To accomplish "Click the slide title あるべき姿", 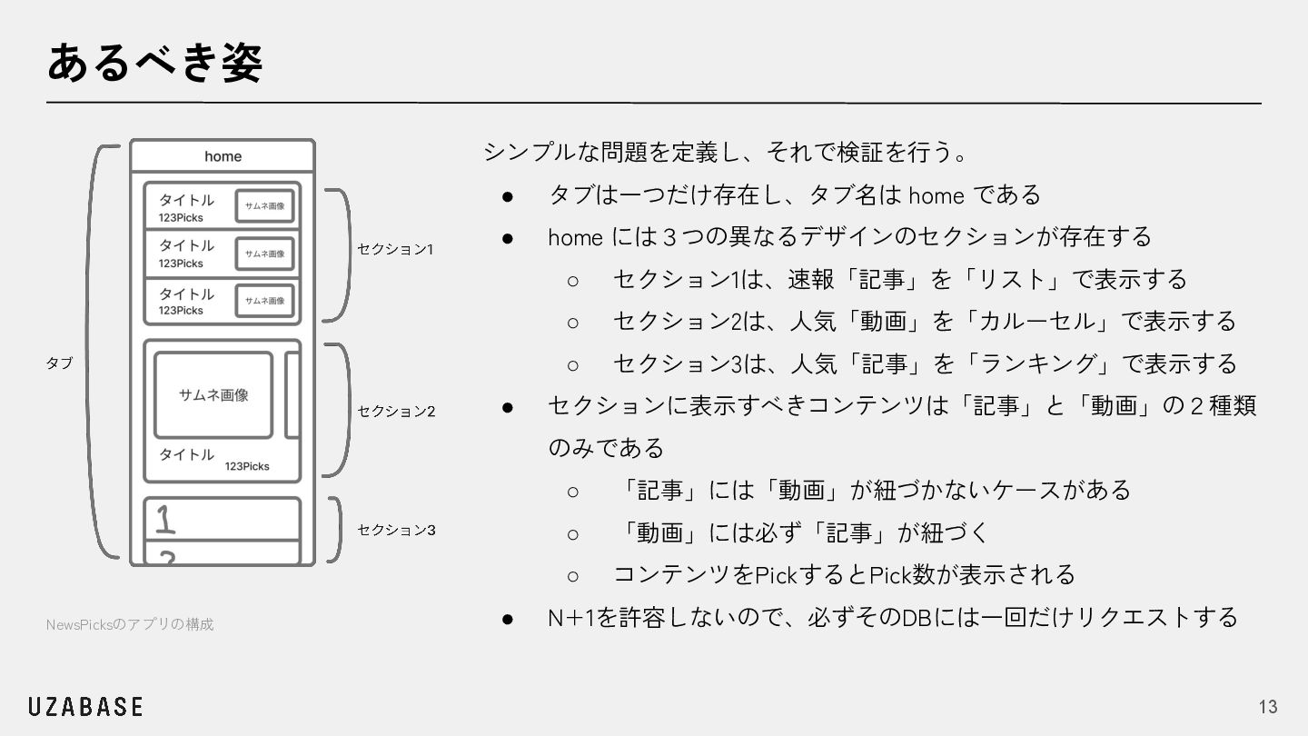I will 154,63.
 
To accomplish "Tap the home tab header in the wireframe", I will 223,156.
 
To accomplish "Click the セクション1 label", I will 395,249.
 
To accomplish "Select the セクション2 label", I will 396,412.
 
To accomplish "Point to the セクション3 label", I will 396,530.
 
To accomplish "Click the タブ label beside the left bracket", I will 59,363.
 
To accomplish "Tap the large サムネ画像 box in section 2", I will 213,395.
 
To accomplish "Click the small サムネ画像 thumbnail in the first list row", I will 264,206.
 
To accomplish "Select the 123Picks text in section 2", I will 247,466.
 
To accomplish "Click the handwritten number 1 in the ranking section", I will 164,520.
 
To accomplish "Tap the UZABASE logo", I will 85,707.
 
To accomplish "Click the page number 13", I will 1267,707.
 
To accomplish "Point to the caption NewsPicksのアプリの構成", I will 130,624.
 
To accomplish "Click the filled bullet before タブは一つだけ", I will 509,195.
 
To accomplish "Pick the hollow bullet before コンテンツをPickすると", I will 573,575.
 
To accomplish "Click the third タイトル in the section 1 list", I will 186,293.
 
